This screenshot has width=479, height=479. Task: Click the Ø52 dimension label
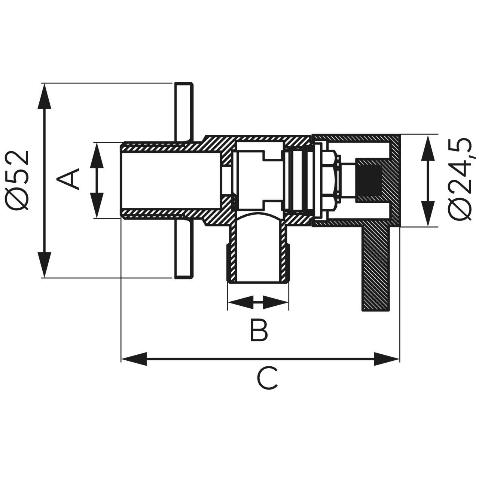pyautogui.click(x=17, y=180)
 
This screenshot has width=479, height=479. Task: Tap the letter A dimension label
pyautogui.click(x=68, y=179)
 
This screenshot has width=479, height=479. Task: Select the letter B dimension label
pyautogui.click(x=259, y=330)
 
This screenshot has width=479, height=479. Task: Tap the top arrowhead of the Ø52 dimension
pyautogui.click(x=44, y=96)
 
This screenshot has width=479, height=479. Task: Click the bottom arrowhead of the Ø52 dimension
pyautogui.click(x=44, y=265)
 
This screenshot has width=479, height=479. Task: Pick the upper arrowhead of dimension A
pyautogui.click(x=97, y=155)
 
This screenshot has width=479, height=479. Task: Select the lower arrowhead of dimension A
pyautogui.click(x=97, y=205)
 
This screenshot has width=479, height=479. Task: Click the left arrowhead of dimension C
pyautogui.click(x=134, y=359)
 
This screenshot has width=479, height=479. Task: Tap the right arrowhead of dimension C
pyautogui.click(x=387, y=359)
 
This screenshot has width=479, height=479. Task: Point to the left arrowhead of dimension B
pyautogui.click(x=240, y=302)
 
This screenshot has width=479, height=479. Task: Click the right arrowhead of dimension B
pyautogui.click(x=276, y=302)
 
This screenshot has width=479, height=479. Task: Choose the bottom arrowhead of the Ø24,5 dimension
pyautogui.click(x=428, y=214)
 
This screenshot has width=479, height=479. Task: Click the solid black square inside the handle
pyautogui.click(x=369, y=181)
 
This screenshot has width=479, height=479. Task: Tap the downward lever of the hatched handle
pyautogui.click(x=376, y=268)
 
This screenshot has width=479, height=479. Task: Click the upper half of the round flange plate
pyautogui.click(x=184, y=112)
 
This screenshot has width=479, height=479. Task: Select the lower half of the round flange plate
pyautogui.click(x=184, y=249)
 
